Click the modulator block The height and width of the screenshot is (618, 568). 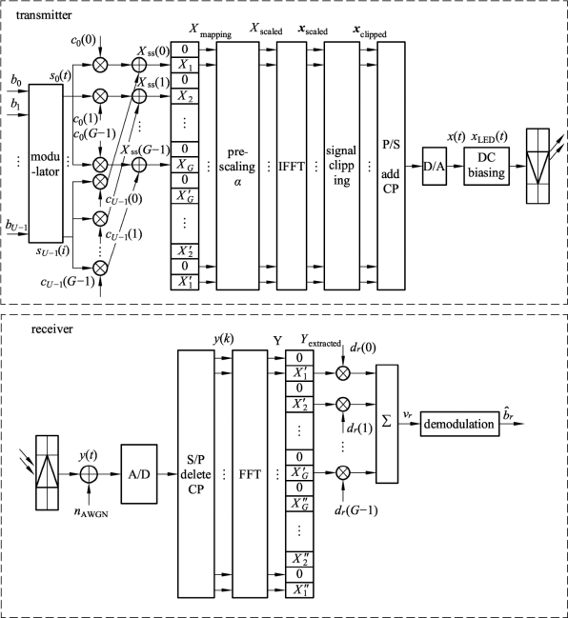coord(46,164)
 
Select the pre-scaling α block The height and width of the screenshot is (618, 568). coord(237,166)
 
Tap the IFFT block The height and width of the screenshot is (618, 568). coord(292,166)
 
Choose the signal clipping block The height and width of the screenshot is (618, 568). coord(341,166)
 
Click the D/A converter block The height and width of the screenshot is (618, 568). coord(435,166)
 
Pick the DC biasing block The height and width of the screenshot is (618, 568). coord(486,166)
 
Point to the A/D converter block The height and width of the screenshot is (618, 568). coord(139,474)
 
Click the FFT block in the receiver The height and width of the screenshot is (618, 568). coord(250,474)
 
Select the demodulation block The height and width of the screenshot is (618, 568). coord(459,424)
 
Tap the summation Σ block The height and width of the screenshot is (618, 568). coord(387,424)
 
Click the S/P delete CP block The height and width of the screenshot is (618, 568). coord(195,474)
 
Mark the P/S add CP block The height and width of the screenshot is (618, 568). coord(391,166)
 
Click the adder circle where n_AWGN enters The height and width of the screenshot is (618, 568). coord(89,474)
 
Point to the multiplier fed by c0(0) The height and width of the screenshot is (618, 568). coord(100,65)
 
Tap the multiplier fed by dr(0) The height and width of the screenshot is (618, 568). coord(343,373)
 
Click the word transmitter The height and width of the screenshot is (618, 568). coord(44,15)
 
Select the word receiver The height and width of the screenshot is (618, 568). coord(52,329)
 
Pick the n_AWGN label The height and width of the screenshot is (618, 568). coord(91,513)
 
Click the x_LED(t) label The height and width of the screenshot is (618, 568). coord(489,137)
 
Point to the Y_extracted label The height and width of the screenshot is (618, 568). coord(320,341)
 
